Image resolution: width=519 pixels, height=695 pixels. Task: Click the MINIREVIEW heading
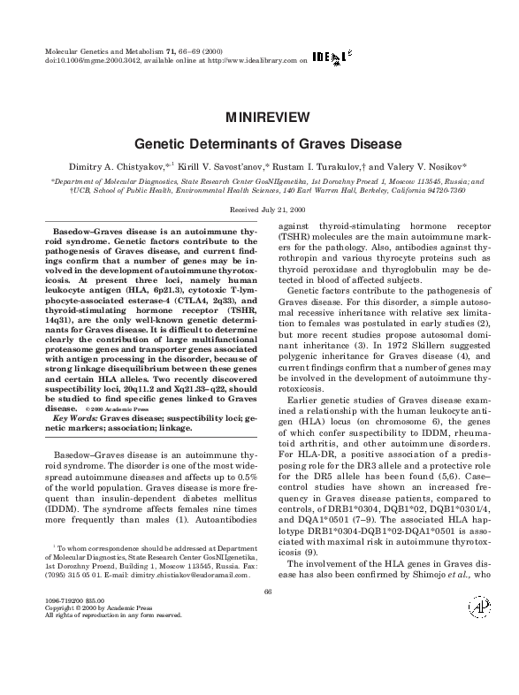coord(259,117)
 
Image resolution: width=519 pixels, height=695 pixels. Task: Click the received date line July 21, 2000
coord(259,209)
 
